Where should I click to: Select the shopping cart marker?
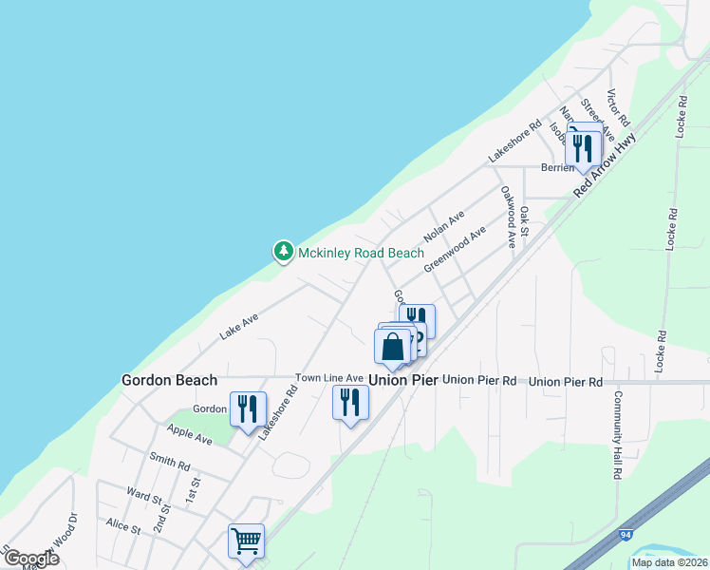247,541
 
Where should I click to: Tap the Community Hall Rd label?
617,433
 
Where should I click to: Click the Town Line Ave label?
329,378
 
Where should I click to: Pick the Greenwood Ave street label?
455,249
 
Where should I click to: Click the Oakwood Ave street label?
509,217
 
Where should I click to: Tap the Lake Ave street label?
238,327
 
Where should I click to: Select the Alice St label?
123,523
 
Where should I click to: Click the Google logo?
31,559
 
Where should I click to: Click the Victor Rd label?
618,108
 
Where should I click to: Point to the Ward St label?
145,496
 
